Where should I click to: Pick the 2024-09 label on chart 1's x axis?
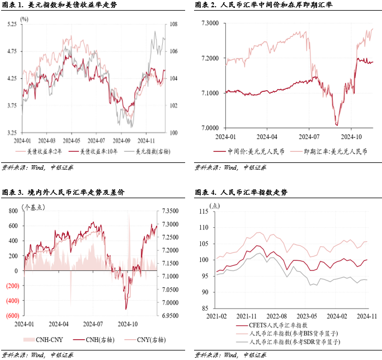click(121, 141)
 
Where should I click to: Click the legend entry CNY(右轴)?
click(141, 339)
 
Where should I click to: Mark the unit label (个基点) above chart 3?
click(34, 207)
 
